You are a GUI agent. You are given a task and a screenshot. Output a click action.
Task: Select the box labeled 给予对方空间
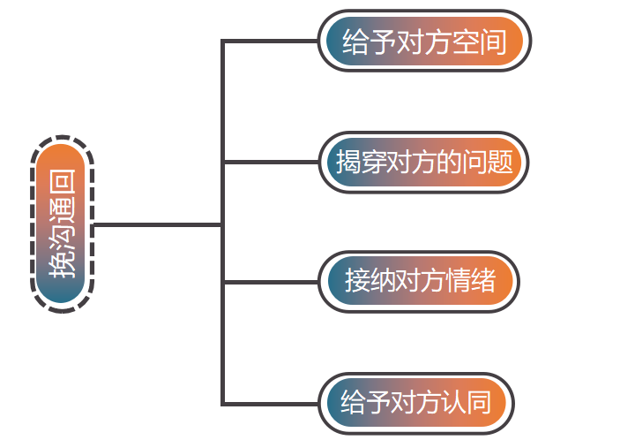[424, 42]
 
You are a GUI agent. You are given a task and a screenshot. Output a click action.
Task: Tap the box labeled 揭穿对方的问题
[424, 162]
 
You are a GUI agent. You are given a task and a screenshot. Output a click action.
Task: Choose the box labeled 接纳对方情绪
[420, 282]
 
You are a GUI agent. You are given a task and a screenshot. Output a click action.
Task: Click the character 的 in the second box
[451, 162]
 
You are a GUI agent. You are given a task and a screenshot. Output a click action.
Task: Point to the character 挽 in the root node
[63, 265]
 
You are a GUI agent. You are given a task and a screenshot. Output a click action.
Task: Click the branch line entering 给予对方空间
[269, 42]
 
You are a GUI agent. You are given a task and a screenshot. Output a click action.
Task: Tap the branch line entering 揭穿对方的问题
[269, 162]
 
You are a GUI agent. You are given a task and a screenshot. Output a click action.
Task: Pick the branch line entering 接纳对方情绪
[269, 282]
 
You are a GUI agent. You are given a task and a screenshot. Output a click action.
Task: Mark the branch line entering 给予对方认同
[269, 404]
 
